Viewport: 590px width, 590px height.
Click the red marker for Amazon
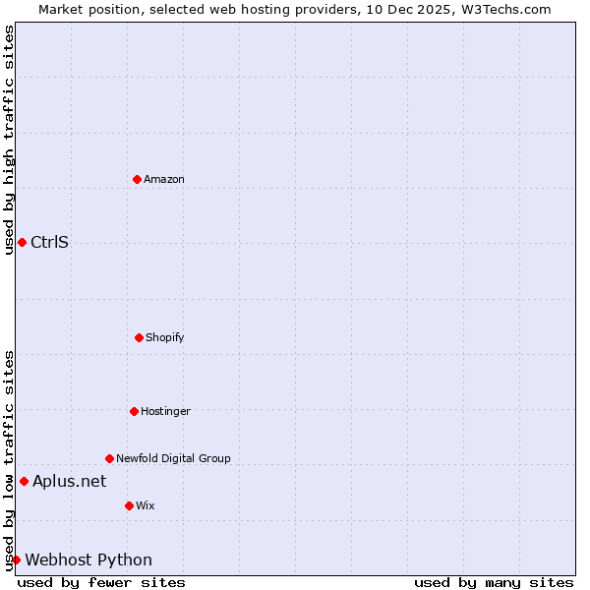click(x=137, y=179)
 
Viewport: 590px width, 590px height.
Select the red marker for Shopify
click(x=139, y=337)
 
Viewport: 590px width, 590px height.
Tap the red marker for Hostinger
click(x=134, y=411)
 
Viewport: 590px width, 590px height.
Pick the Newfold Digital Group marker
click(x=109, y=458)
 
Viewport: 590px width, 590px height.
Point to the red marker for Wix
click(x=129, y=505)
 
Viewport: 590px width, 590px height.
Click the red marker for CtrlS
click(x=22, y=242)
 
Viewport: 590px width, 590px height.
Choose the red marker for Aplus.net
click(x=24, y=481)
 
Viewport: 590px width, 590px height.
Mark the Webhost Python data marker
click(x=16, y=560)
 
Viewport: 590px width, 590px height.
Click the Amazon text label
click(x=164, y=179)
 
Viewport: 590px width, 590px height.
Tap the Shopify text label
click(x=165, y=337)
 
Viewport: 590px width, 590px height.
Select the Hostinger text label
click(x=165, y=411)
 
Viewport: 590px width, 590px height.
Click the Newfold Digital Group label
click(x=173, y=458)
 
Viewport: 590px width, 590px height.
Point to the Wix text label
click(x=146, y=505)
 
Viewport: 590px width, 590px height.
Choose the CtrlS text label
click(x=49, y=242)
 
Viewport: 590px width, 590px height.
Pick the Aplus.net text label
click(x=69, y=481)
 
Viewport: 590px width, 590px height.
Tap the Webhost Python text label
click(x=88, y=560)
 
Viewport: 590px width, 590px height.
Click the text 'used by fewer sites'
click(x=101, y=582)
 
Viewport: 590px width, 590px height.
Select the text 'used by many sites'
click(x=494, y=582)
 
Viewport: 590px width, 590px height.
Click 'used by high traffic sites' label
click(x=9, y=140)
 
